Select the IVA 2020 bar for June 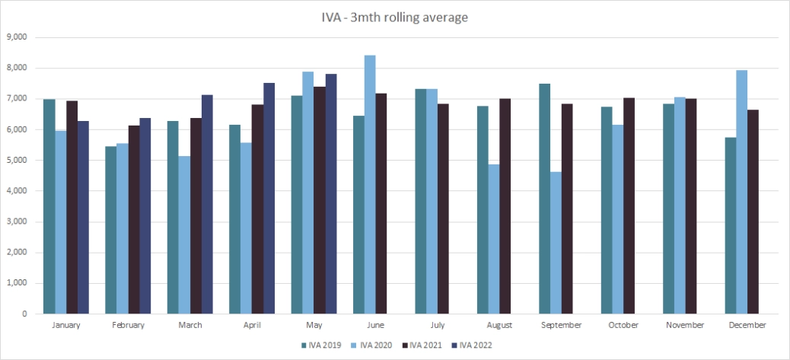click(x=370, y=184)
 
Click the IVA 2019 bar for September click(x=545, y=199)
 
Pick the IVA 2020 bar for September click(x=556, y=243)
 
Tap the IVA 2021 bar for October click(x=629, y=205)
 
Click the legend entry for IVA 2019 click(x=318, y=346)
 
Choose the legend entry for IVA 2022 click(x=467, y=346)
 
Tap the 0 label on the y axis click(x=24, y=314)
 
